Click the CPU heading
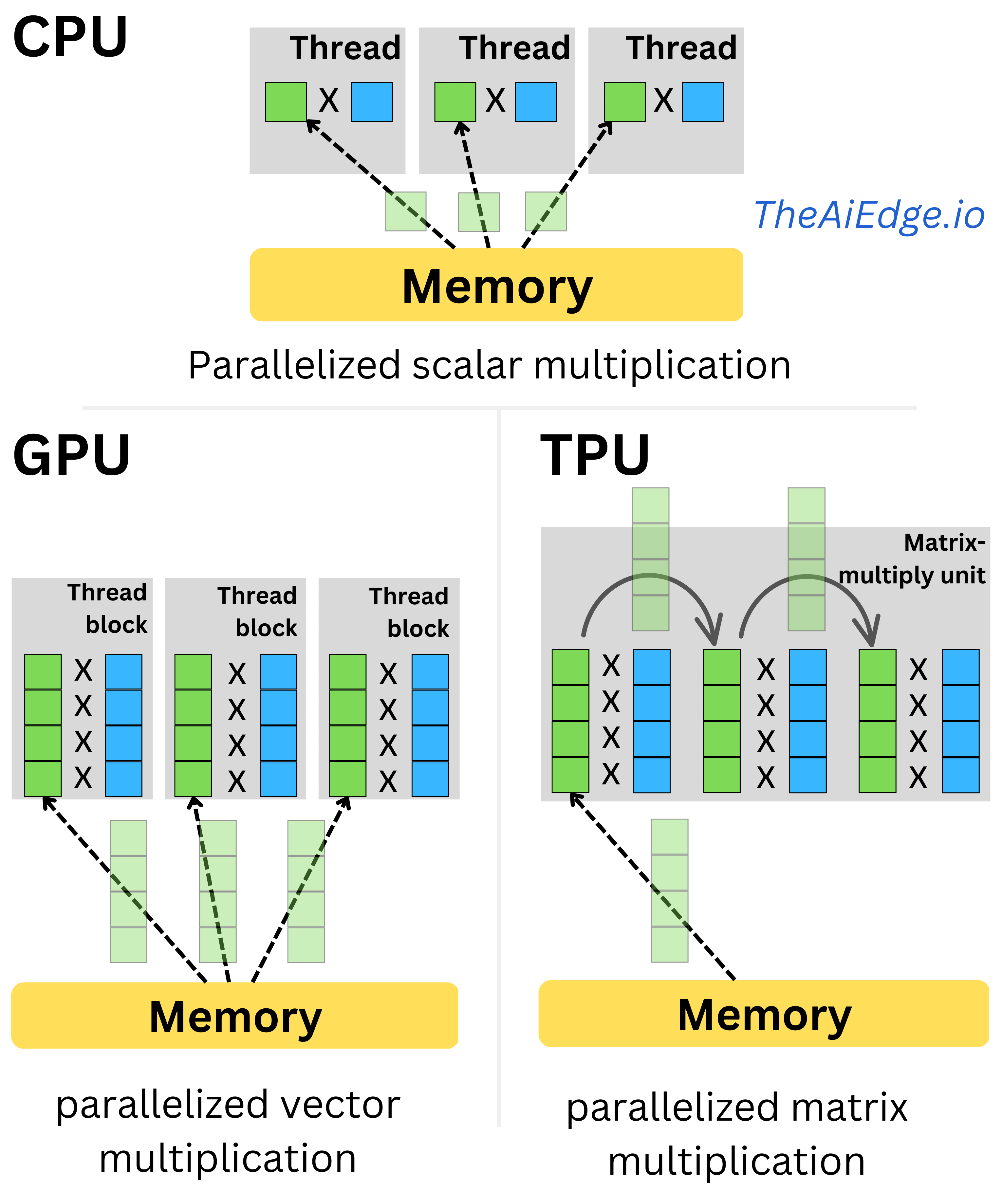(70, 37)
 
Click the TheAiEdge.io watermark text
(869, 215)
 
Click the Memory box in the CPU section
(496, 284)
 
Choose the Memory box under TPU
(764, 1014)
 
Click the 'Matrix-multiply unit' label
(912, 559)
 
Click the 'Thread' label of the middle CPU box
(515, 48)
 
